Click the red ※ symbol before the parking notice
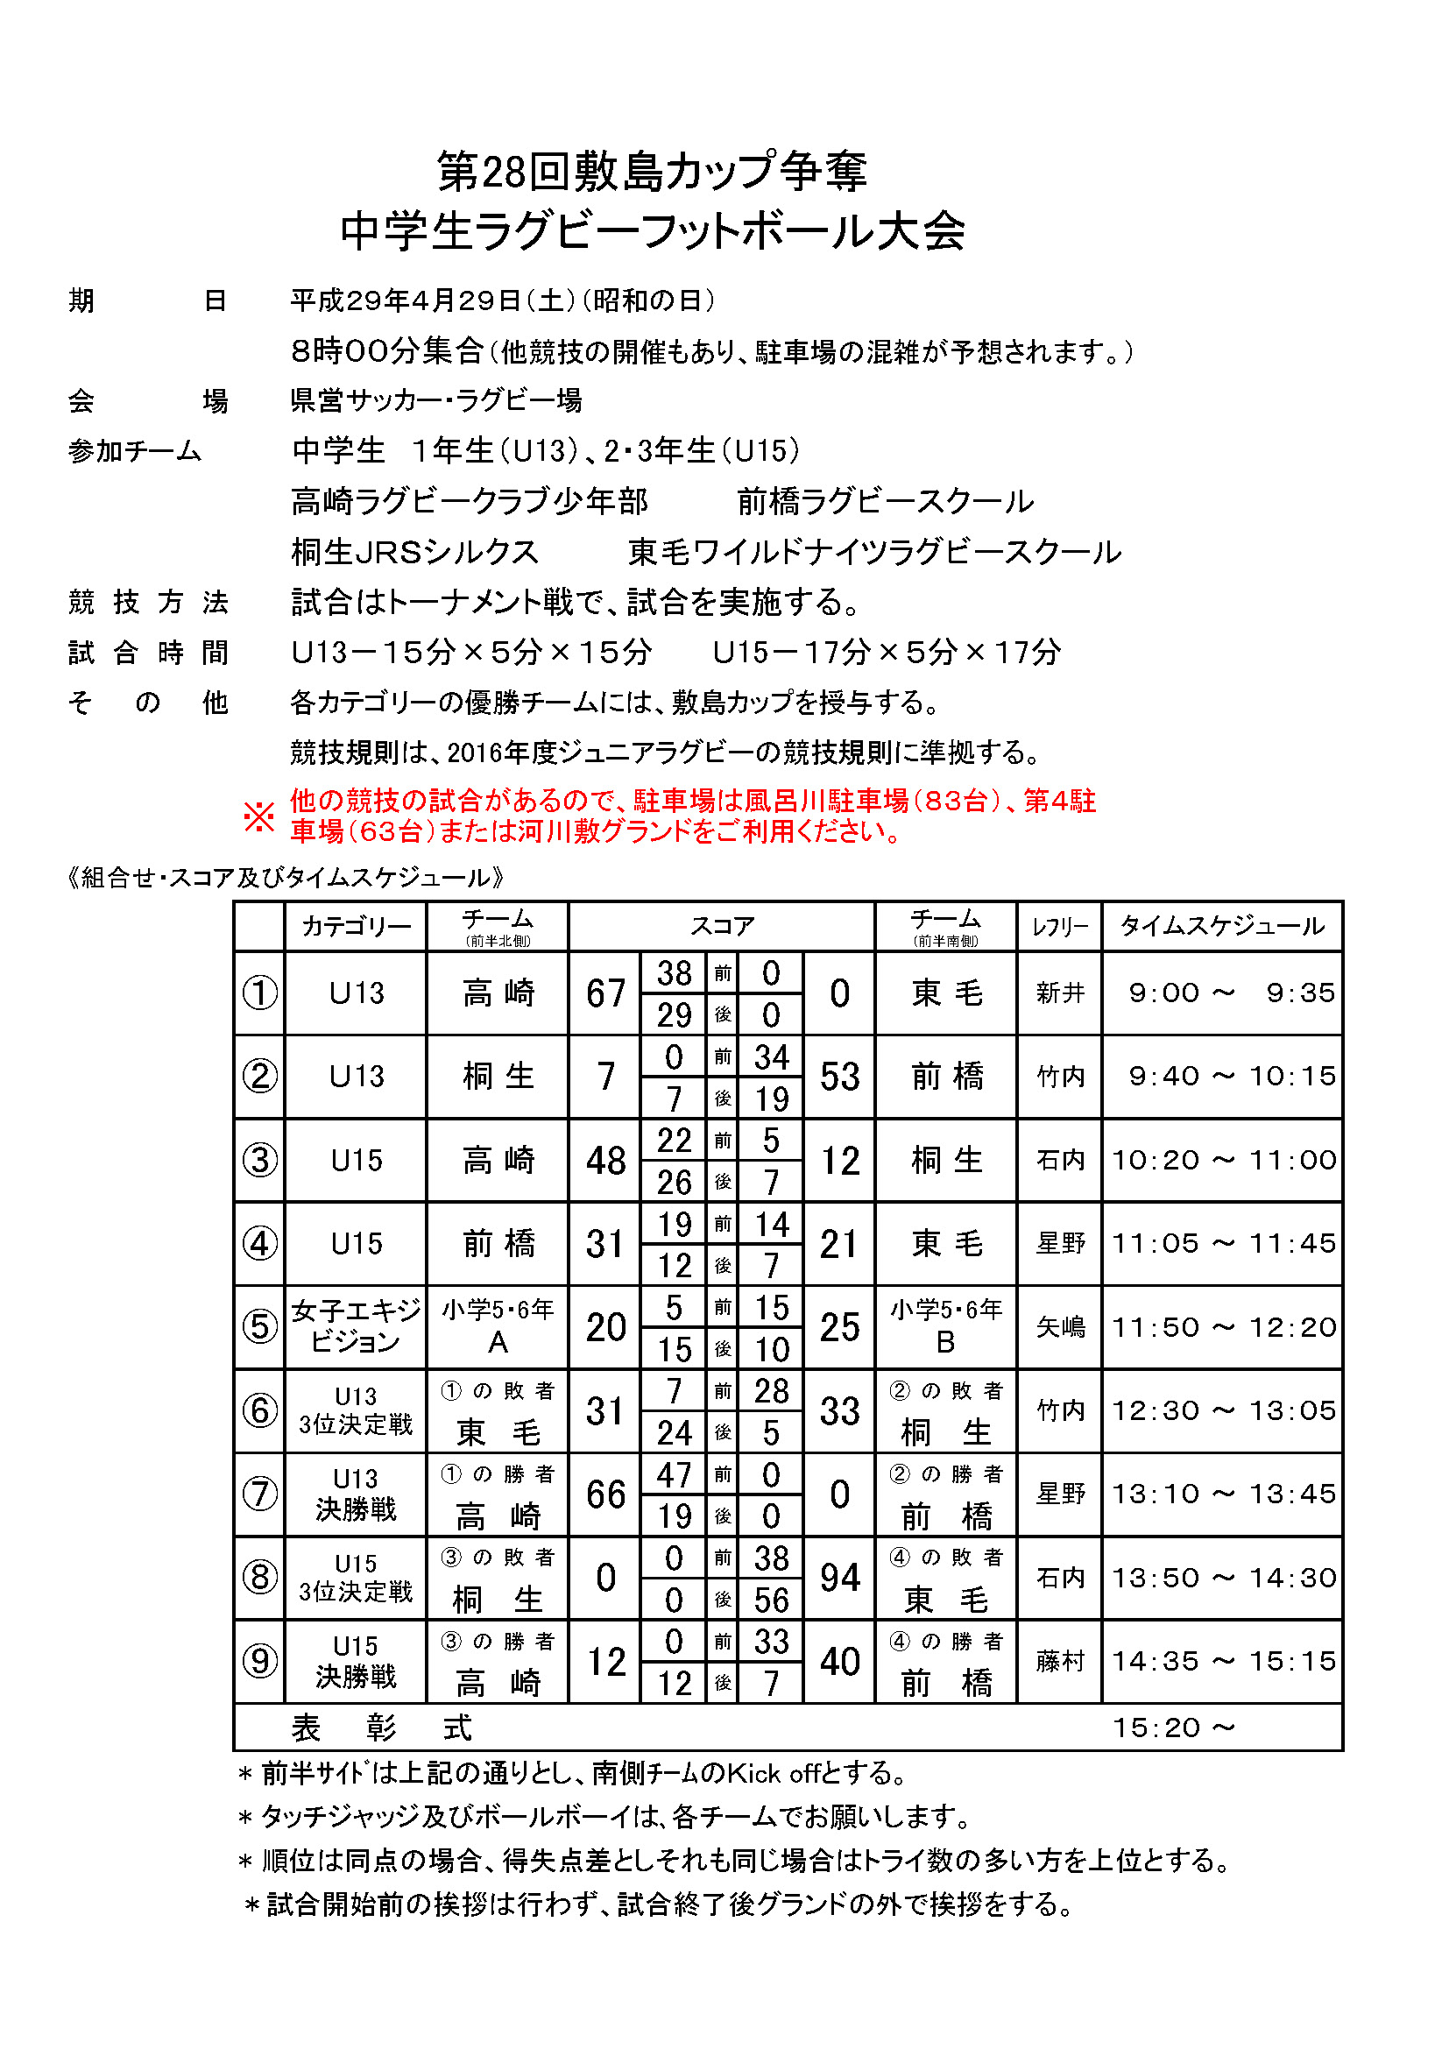pos(258,816)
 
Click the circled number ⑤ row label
pos(259,1326)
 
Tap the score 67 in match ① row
pos(605,993)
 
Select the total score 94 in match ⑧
pos(839,1577)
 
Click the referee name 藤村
pos(1060,1661)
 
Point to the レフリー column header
pos(1060,927)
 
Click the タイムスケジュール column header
pos(1222,926)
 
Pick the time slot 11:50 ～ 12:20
pos(1223,1327)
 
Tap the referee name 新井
pos(1060,993)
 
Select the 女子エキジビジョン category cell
pos(356,1326)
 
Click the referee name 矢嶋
pos(1060,1327)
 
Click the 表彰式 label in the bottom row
pos(381,1728)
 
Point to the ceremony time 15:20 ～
pos(1173,1728)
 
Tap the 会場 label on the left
pos(148,400)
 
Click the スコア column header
pos(722,926)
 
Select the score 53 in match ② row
pos(839,1077)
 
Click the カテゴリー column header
pos(356,926)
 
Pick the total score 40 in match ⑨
pos(839,1661)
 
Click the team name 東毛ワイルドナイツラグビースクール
pos(874,553)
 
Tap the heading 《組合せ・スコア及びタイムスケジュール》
pos(286,877)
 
